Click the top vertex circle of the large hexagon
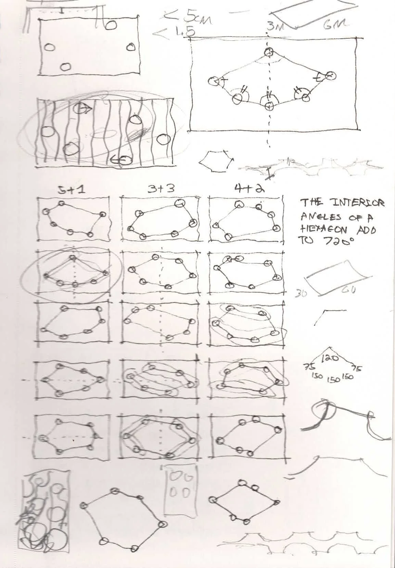click(x=269, y=52)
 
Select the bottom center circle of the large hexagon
click(x=269, y=106)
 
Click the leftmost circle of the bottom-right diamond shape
click(x=213, y=499)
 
